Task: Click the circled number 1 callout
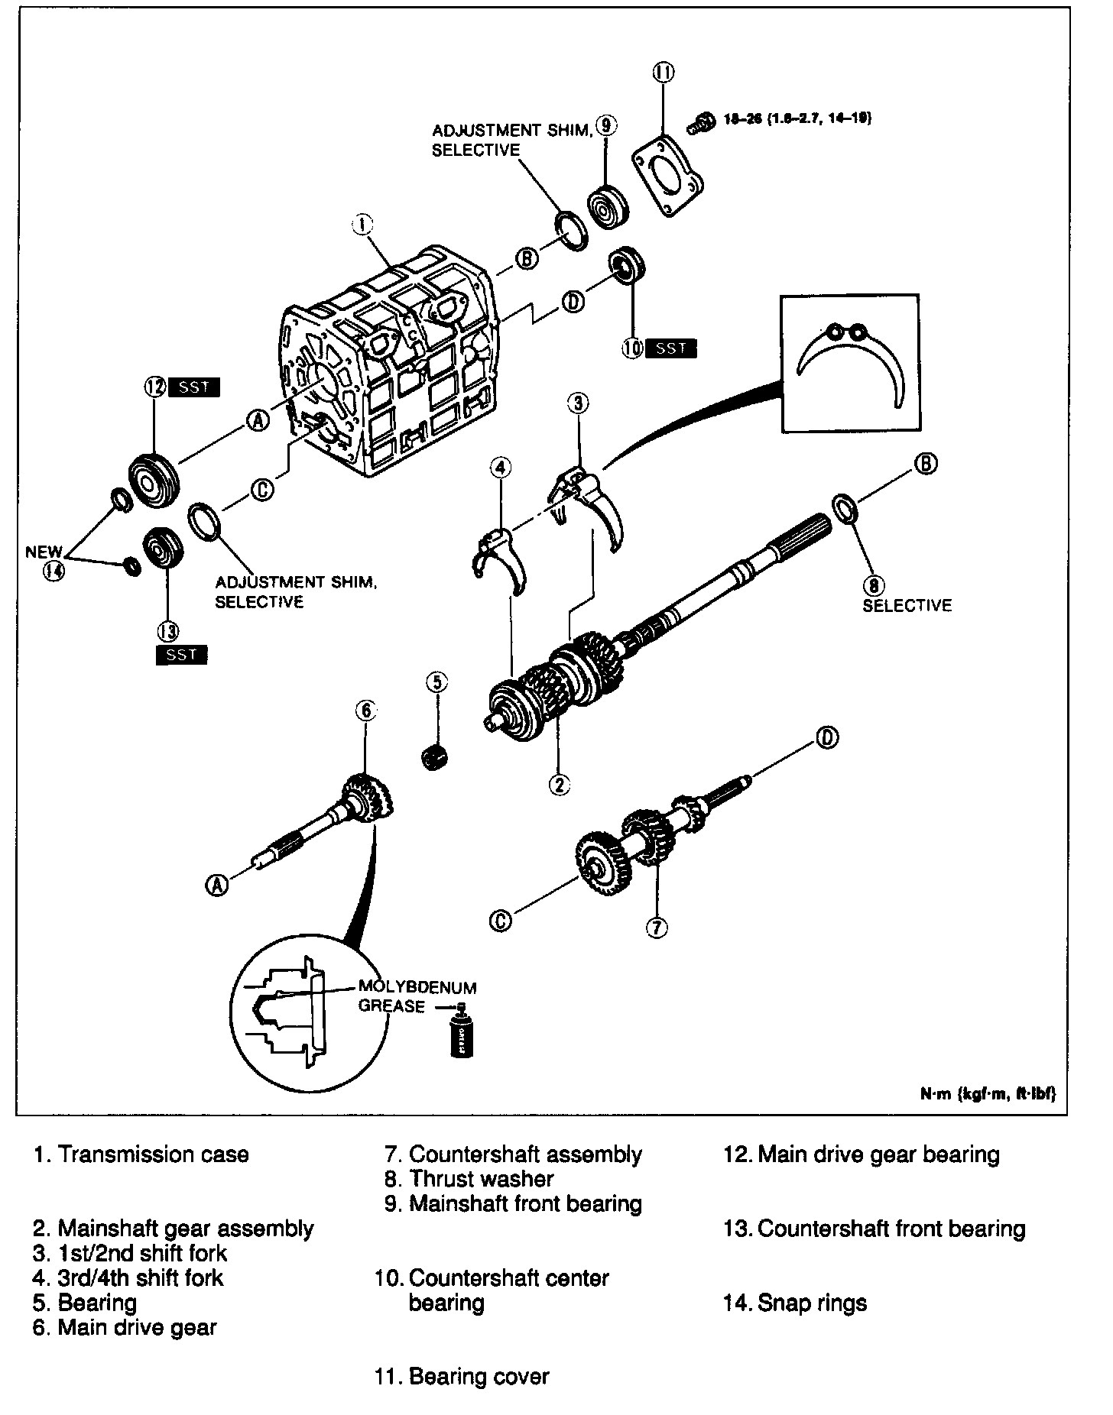click(x=362, y=224)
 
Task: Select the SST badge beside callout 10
click(x=671, y=348)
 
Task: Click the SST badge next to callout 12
click(x=193, y=387)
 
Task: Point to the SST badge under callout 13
click(x=181, y=655)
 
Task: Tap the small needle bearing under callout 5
click(x=435, y=757)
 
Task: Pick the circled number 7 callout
click(x=657, y=928)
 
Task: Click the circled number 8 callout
click(x=873, y=585)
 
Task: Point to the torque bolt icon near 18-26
click(x=696, y=125)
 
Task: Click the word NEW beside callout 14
click(x=44, y=552)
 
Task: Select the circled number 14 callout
click(x=54, y=571)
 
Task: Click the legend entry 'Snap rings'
click(x=812, y=1302)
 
